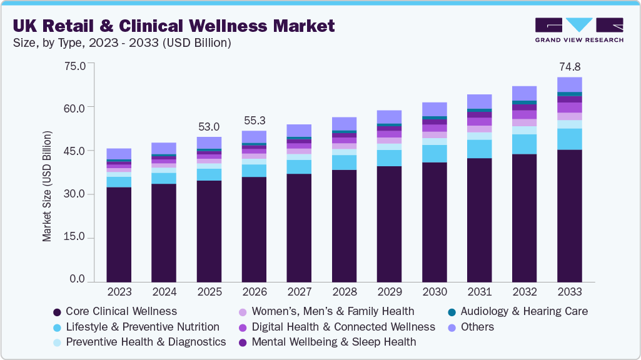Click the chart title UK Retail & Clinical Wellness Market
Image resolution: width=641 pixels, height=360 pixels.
pyautogui.click(x=173, y=26)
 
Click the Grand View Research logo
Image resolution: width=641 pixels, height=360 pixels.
pyautogui.click(x=578, y=29)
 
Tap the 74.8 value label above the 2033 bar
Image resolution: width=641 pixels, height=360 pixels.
pyautogui.click(x=569, y=67)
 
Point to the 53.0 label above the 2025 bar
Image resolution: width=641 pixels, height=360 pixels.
pyautogui.click(x=209, y=127)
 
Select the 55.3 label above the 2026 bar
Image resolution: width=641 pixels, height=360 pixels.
pyautogui.click(x=254, y=121)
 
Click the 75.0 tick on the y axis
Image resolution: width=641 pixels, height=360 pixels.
pyautogui.click(x=74, y=65)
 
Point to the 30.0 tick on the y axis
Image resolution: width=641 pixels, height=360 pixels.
pyautogui.click(x=74, y=194)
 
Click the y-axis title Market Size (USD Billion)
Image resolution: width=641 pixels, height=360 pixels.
pyautogui.click(x=47, y=186)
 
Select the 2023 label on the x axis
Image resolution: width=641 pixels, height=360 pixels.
pyautogui.click(x=119, y=292)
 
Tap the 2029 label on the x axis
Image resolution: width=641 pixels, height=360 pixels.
pyautogui.click(x=389, y=292)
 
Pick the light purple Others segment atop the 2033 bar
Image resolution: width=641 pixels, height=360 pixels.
pyautogui.click(x=569, y=84)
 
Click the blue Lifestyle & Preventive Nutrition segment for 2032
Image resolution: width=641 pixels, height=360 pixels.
pyautogui.click(x=524, y=144)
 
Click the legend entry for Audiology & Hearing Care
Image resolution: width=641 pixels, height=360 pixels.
pyautogui.click(x=518, y=311)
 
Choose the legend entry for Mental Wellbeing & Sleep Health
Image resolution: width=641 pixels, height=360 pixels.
pyautogui.click(x=327, y=342)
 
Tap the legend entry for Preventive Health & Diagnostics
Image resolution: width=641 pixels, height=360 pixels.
pyautogui.click(x=139, y=342)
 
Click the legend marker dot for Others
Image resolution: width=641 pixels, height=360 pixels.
pyautogui.click(x=452, y=327)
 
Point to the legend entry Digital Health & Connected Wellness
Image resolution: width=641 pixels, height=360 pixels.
pyautogui.click(x=336, y=327)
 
